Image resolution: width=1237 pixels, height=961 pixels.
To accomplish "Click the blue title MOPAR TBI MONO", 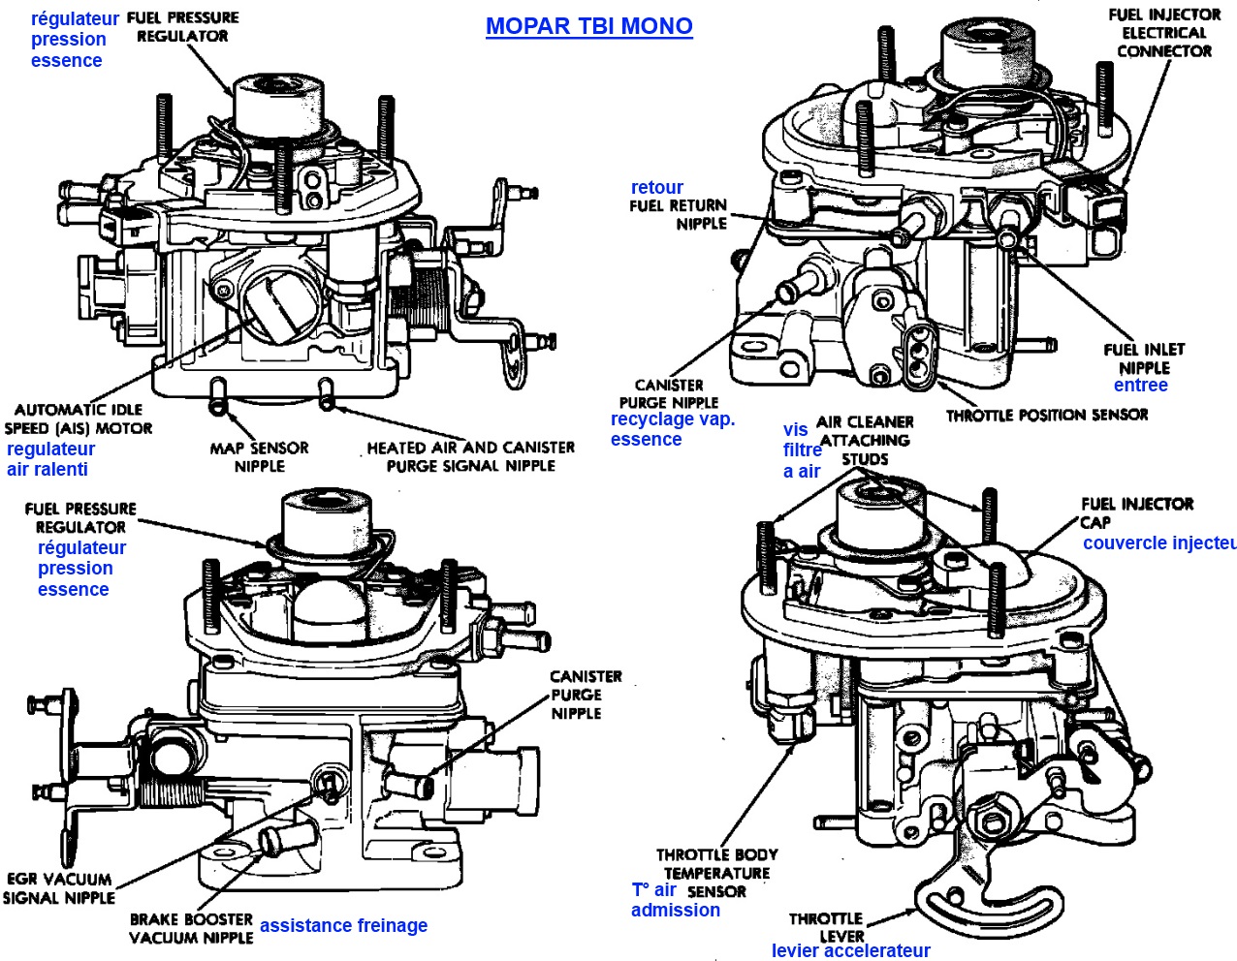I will (588, 26).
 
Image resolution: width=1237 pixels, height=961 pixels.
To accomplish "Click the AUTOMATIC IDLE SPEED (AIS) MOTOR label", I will (79, 418).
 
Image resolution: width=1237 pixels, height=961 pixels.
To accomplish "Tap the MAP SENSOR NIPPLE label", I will (259, 456).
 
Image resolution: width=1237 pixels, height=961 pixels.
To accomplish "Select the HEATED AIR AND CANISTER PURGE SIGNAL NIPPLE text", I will (470, 456).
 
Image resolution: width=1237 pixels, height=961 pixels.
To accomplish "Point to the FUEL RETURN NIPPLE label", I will (678, 213).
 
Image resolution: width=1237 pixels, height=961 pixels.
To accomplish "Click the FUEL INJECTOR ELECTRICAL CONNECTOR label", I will (1164, 32).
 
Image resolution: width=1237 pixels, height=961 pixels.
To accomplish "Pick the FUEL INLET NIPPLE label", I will (1144, 357).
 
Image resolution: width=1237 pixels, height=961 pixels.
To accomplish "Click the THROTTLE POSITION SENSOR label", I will (1047, 415).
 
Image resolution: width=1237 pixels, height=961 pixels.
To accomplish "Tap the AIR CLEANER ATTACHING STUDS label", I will (865, 440).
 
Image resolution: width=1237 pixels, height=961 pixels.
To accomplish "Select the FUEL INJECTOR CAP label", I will (1136, 511).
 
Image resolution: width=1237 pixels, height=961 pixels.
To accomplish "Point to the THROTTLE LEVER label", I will (826, 927).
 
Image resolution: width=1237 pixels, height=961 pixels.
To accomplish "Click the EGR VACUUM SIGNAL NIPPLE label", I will (58, 888).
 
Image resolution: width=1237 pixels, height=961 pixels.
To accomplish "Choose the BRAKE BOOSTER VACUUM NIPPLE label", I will (191, 928).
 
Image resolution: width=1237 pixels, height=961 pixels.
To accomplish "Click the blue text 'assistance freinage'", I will (343, 925).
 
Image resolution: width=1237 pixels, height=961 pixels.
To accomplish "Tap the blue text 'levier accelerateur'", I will (850, 950).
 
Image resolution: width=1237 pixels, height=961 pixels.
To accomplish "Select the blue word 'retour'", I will (656, 187).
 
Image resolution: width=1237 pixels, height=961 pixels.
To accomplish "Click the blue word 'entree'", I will (1140, 385).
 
